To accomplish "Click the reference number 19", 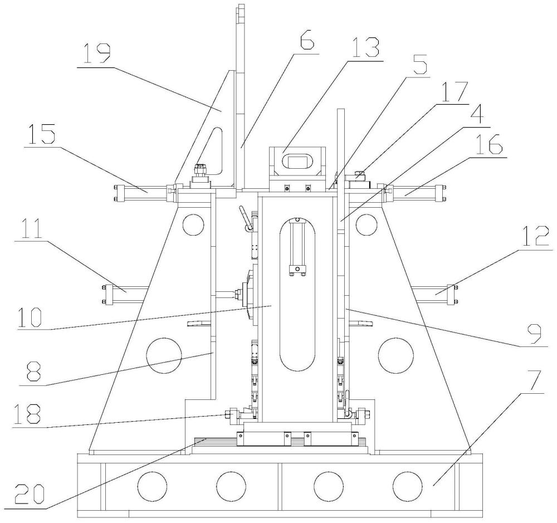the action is pyautogui.click(x=94, y=54).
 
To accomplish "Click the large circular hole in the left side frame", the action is pyautogui.click(x=164, y=356).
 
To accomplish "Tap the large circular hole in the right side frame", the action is pyautogui.click(x=396, y=356).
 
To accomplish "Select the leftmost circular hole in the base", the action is pyautogui.click(x=152, y=486).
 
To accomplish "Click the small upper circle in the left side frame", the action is pyautogui.click(x=193, y=224).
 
